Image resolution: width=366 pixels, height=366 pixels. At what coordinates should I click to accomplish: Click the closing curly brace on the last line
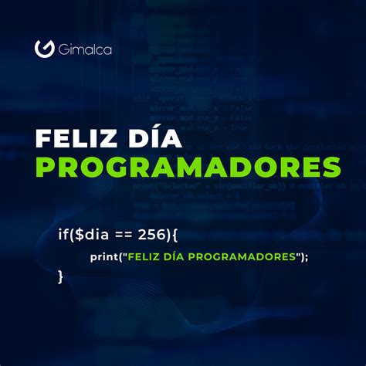click(61, 276)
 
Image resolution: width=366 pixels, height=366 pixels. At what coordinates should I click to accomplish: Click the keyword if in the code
click(62, 232)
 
